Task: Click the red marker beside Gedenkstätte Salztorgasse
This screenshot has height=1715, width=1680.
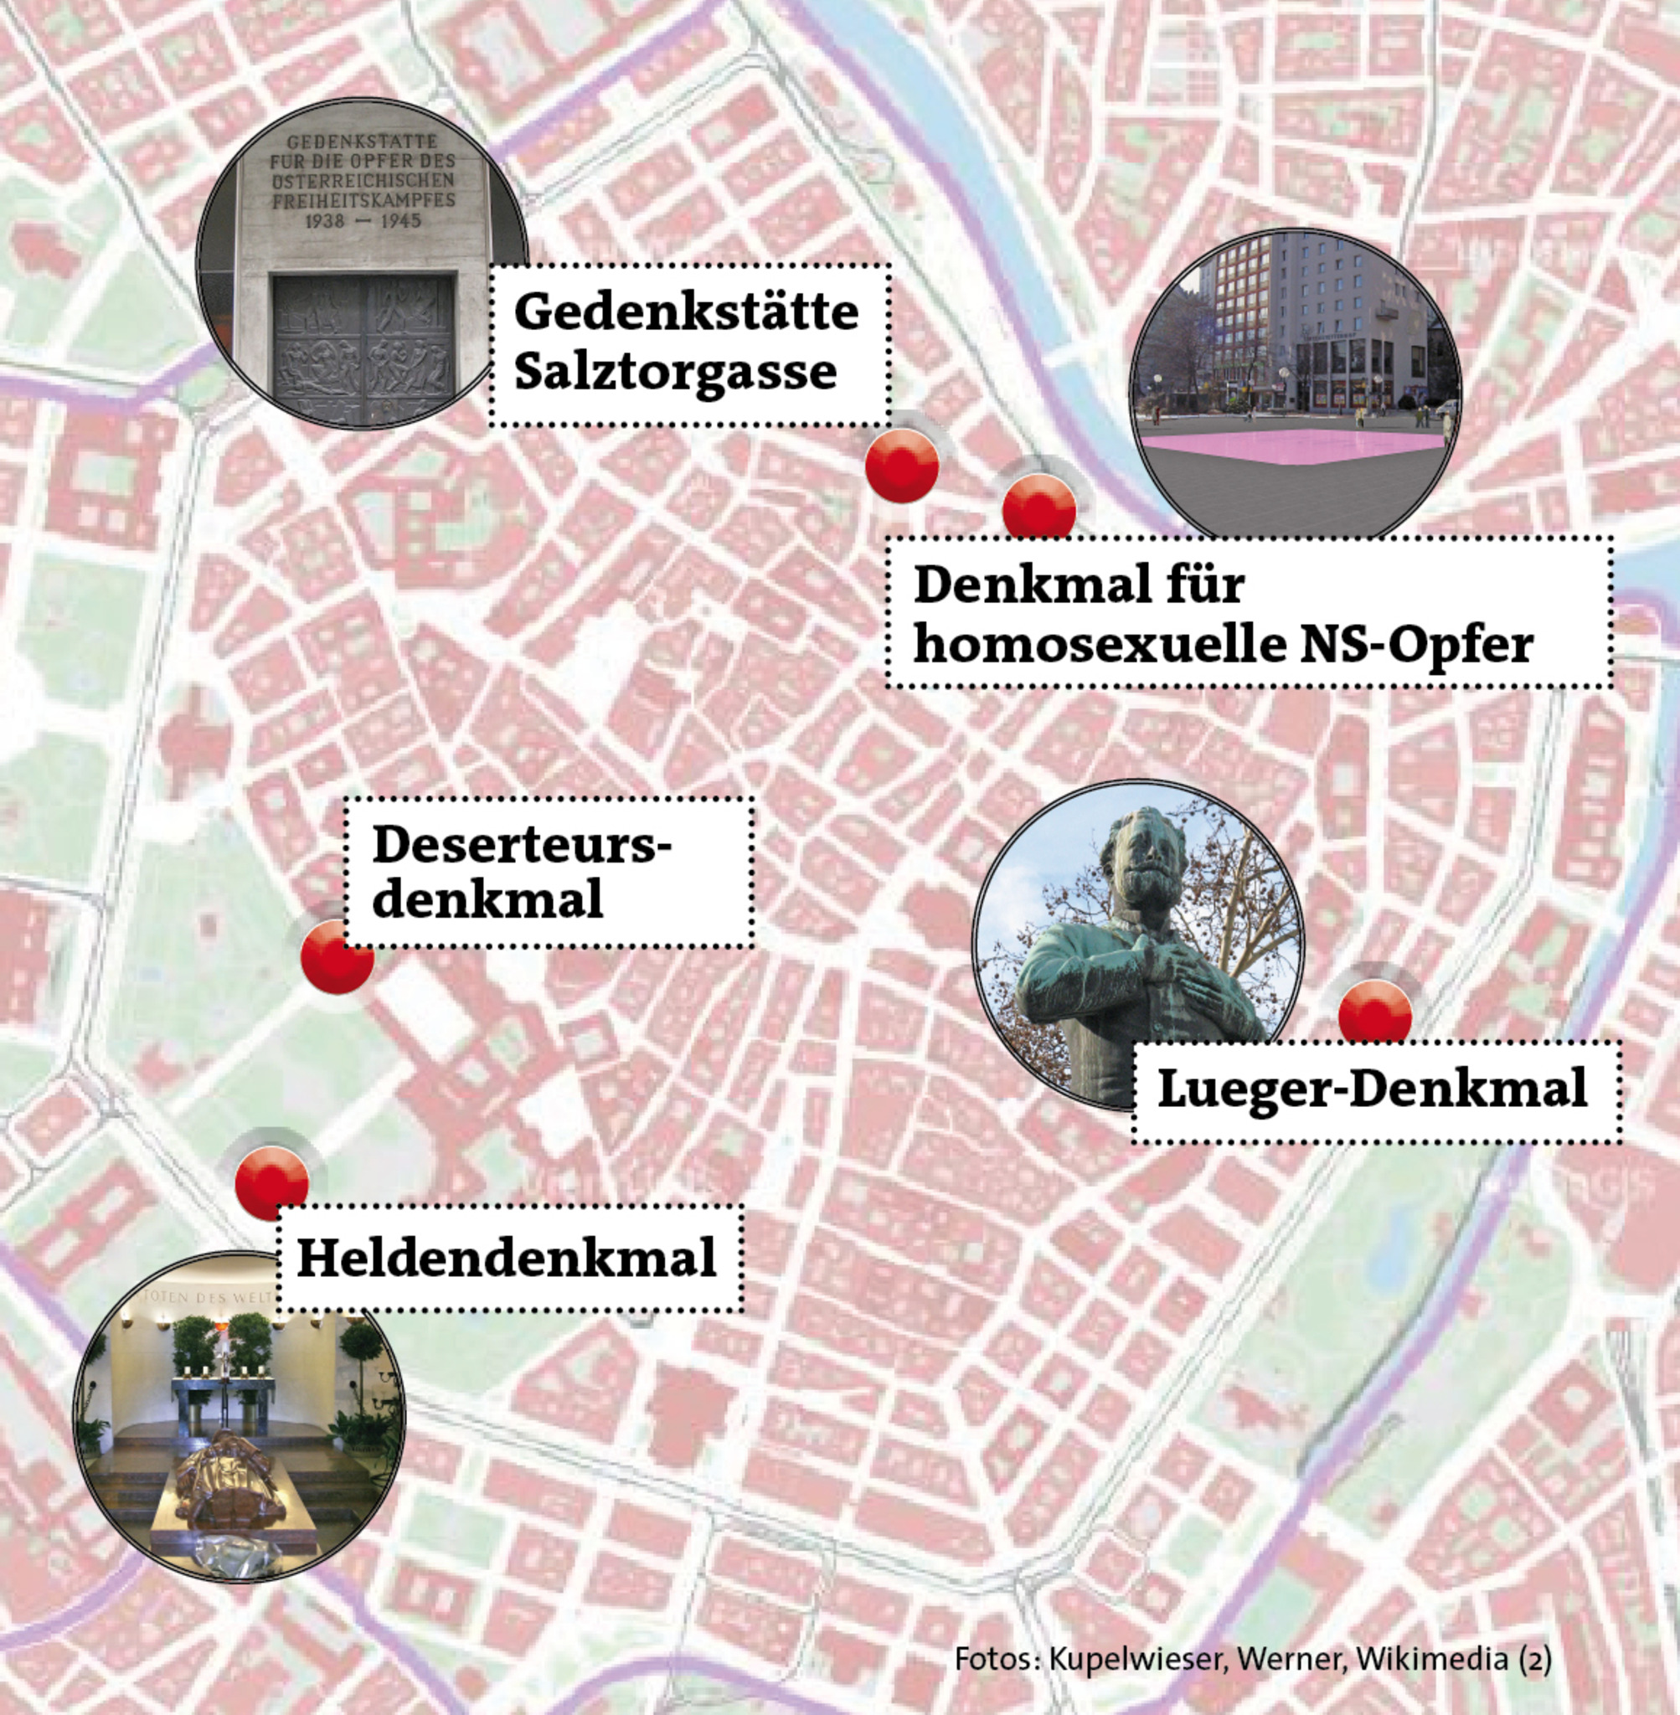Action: pyautogui.click(x=901, y=465)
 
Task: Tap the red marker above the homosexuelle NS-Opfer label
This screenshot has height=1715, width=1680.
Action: pyautogui.click(x=1039, y=507)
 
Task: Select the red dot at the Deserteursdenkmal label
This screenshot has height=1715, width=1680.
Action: pyautogui.click(x=336, y=956)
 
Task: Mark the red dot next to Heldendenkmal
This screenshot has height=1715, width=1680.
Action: pyautogui.click(x=271, y=1183)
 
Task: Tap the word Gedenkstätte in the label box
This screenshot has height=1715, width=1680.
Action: pyautogui.click(x=686, y=312)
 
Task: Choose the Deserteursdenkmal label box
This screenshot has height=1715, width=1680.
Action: pyautogui.click(x=547, y=872)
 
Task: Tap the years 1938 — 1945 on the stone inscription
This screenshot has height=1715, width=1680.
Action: pyautogui.click(x=363, y=220)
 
